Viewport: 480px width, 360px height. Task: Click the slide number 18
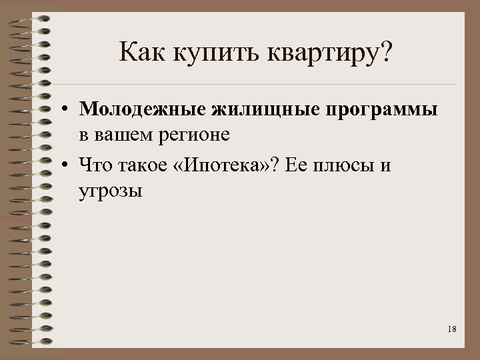[x=452, y=329]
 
